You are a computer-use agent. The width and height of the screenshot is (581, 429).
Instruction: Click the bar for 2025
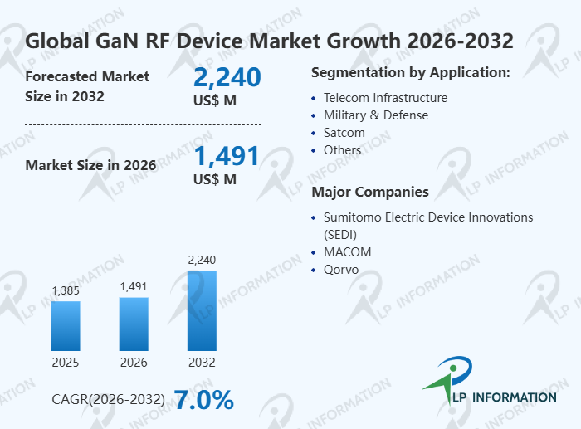coord(66,325)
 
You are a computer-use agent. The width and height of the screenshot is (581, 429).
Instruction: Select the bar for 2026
coord(134,324)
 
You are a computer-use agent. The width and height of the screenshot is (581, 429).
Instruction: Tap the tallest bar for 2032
coord(202,310)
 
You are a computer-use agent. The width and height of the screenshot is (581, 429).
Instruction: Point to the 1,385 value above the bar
coord(66,291)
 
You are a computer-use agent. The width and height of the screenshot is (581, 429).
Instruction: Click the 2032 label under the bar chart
coord(202,363)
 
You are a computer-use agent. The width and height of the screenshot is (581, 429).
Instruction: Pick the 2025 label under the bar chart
coord(66,363)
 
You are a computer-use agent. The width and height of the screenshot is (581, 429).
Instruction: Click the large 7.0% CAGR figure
coord(203,400)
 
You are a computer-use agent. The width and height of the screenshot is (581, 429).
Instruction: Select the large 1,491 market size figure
coord(227,156)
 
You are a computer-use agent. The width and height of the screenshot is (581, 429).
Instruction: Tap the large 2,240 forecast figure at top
coord(227,78)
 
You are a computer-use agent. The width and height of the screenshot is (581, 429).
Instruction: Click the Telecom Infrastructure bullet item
coord(385,98)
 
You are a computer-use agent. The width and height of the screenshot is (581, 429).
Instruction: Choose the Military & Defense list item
coord(375,115)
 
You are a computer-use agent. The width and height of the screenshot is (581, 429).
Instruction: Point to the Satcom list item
coord(344,133)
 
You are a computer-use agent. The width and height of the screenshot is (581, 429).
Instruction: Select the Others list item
coord(342,150)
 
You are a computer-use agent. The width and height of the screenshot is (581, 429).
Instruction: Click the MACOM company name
coord(347,252)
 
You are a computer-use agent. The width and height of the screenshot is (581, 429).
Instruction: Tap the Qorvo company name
coord(341,270)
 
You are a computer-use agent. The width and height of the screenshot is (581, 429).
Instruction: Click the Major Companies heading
coord(369,193)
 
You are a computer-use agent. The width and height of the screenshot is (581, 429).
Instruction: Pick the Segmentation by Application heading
coord(410,73)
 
